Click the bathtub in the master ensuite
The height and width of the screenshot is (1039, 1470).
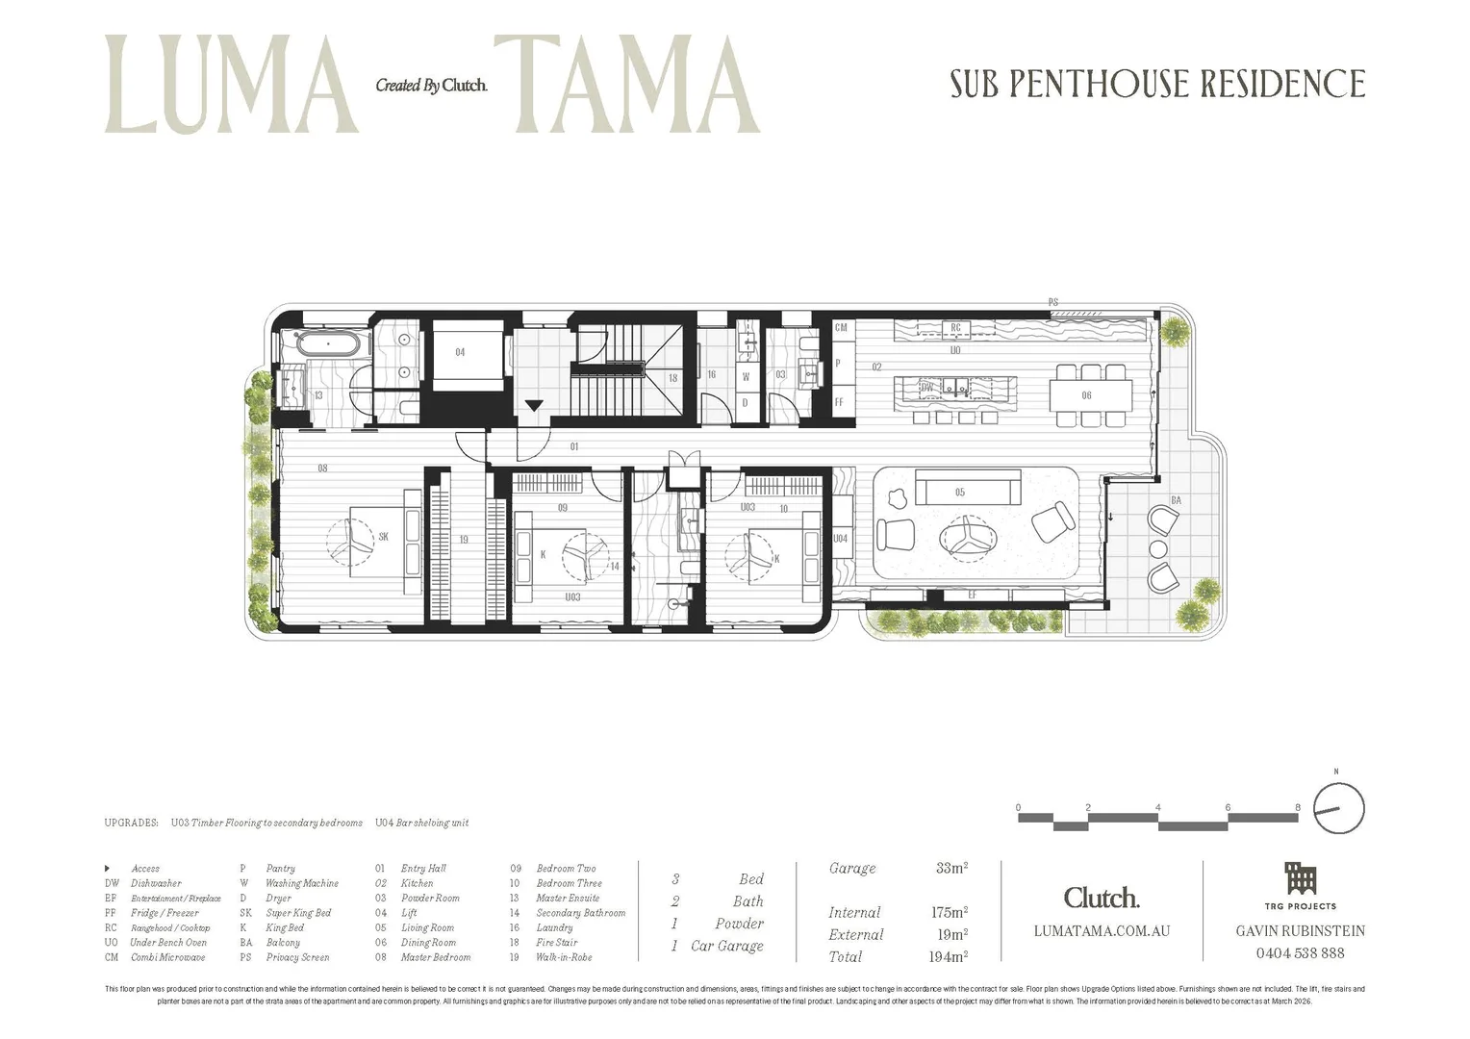click(328, 343)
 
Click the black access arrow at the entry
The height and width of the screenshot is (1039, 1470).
click(533, 406)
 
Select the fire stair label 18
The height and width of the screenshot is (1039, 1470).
click(672, 378)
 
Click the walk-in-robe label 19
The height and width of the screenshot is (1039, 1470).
click(464, 540)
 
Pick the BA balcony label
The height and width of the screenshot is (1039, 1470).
click(1176, 500)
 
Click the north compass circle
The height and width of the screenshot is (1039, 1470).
click(1339, 808)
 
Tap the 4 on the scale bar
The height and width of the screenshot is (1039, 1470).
click(1158, 807)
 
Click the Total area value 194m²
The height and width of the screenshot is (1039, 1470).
click(948, 956)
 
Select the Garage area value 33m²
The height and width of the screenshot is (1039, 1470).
click(951, 868)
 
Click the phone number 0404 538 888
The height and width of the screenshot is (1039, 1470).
click(1300, 952)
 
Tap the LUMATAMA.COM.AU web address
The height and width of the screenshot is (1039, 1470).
click(1102, 930)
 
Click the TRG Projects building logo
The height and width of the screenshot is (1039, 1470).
click(1300, 878)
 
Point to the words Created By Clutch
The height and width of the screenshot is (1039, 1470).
click(431, 86)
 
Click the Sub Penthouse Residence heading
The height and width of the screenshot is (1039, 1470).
click(1157, 85)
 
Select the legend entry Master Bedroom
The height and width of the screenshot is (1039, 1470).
click(436, 957)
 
